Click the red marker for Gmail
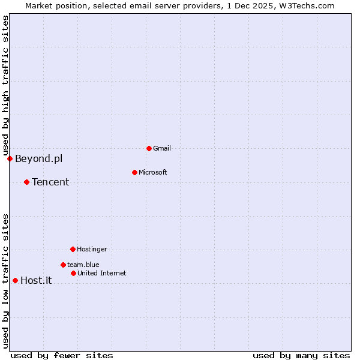(x=149, y=148)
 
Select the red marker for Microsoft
(x=134, y=172)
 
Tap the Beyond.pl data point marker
(x=10, y=158)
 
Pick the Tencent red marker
(x=26, y=182)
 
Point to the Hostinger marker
(x=73, y=249)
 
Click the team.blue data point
(x=63, y=265)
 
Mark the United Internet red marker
(x=73, y=273)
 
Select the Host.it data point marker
(x=15, y=280)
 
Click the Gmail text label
(x=162, y=148)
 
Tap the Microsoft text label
(x=152, y=172)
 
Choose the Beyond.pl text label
(x=38, y=158)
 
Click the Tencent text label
(x=50, y=182)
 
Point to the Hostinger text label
(x=92, y=249)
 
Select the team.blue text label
(x=83, y=265)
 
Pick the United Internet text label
(x=101, y=273)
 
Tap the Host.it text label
(x=36, y=280)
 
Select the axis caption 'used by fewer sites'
(x=62, y=355)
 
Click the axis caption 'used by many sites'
(x=301, y=355)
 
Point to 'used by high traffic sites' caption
(x=5, y=85)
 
